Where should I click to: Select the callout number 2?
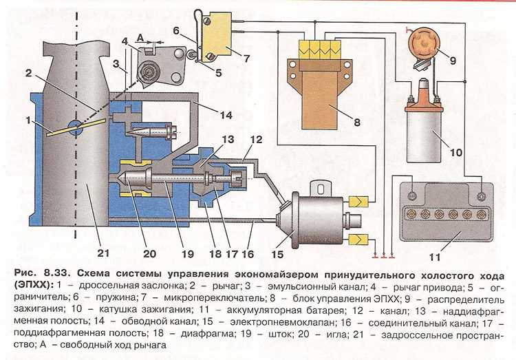click(28, 73)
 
